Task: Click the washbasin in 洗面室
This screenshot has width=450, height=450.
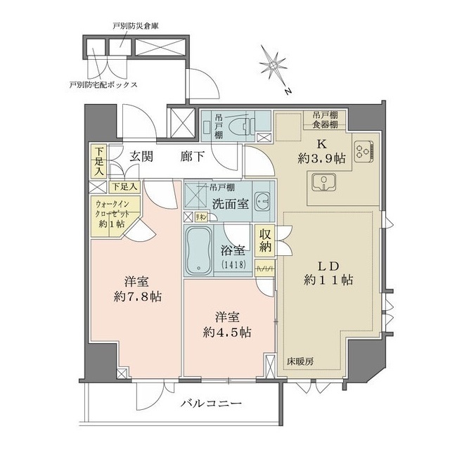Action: (261, 200)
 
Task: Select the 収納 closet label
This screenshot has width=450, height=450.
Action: (265, 241)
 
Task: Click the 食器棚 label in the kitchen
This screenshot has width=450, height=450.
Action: (324, 124)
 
